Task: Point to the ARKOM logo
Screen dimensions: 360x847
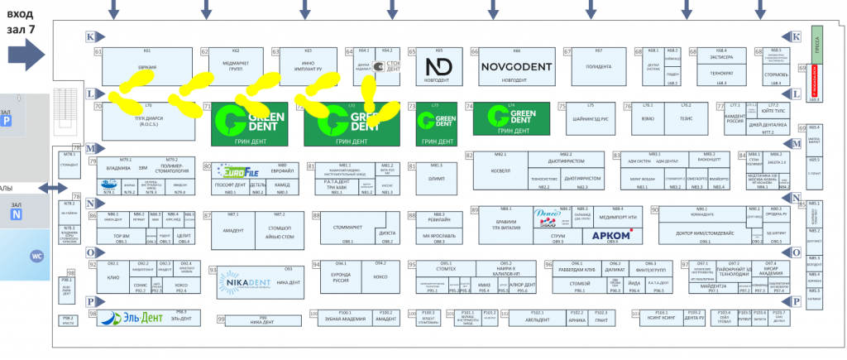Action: coord(612,236)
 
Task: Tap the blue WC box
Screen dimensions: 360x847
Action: coord(36,256)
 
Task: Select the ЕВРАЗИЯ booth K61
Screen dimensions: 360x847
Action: coord(146,65)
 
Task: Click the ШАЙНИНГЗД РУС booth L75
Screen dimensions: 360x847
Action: coord(591,118)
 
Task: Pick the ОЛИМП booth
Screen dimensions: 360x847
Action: coord(437,176)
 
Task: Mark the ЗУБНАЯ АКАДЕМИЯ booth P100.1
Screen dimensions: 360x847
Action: coord(342,319)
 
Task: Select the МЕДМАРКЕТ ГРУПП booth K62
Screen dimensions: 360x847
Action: coord(236,65)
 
